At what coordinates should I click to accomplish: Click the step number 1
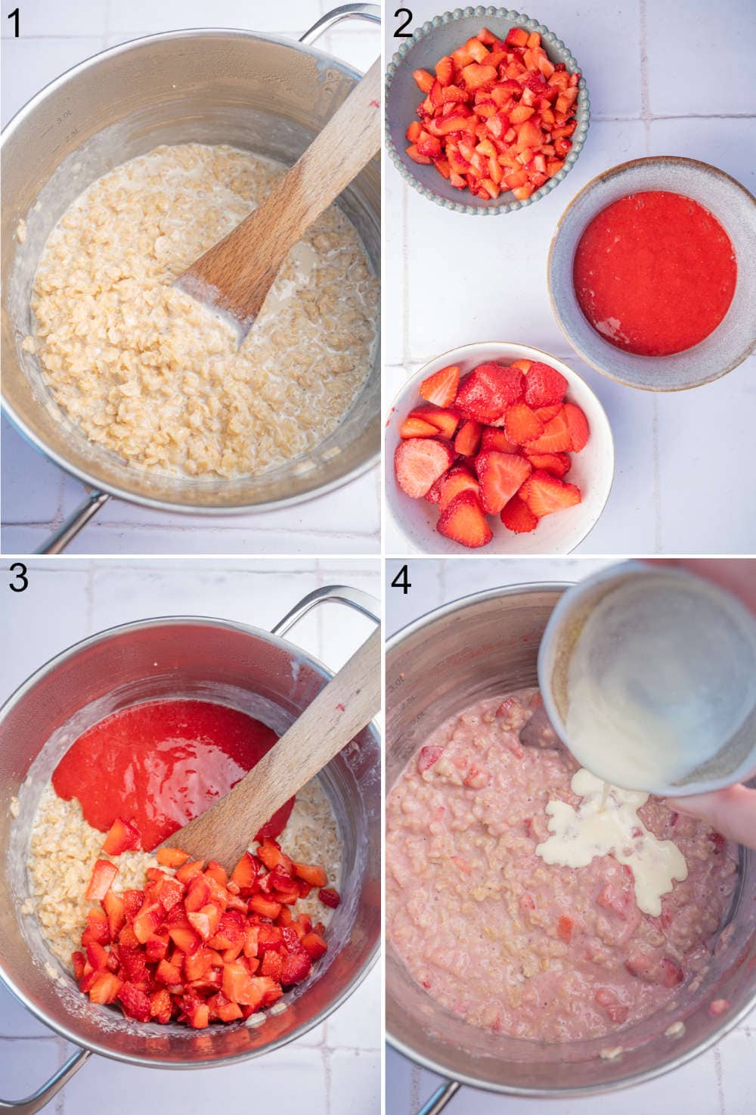pyautogui.click(x=14, y=23)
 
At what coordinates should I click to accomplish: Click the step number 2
pyautogui.click(x=403, y=23)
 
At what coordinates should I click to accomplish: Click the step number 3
pyautogui.click(x=18, y=580)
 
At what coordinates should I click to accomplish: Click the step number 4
pyautogui.click(x=401, y=580)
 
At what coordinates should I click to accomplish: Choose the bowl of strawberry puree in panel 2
pyautogui.click(x=654, y=272)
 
